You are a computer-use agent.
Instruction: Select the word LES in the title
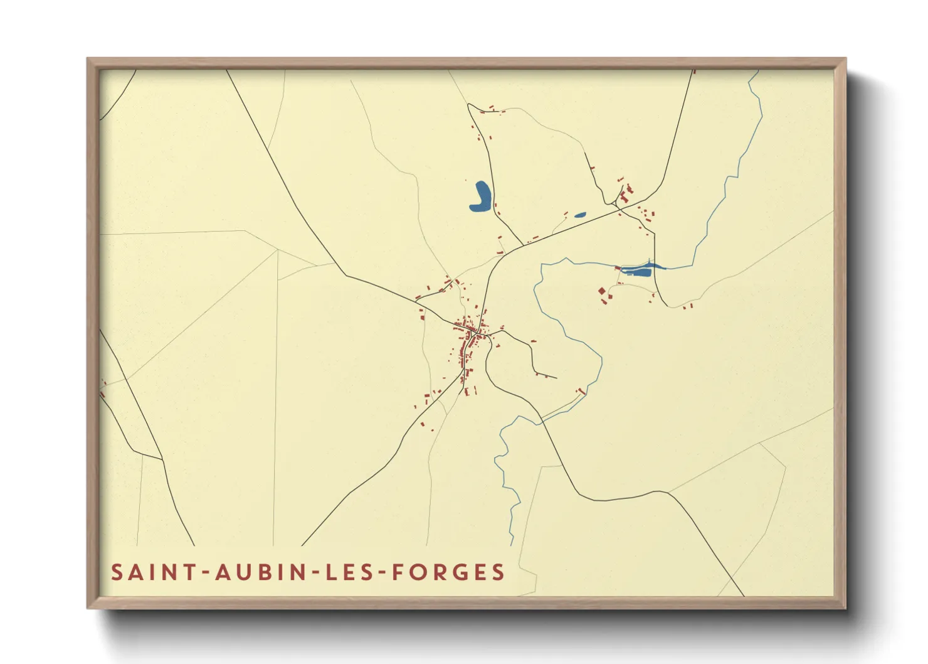tap(351, 572)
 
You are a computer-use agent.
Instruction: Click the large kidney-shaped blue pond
tap(481, 196)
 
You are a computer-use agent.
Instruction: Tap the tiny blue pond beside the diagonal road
tap(580, 215)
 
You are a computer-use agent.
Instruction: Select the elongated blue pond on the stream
tap(640, 270)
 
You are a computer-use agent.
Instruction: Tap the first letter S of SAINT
tap(117, 572)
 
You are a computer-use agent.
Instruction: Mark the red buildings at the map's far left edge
tap(103, 382)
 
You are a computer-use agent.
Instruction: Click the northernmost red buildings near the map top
tap(492, 110)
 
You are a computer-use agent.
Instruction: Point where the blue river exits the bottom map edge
tap(512, 544)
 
